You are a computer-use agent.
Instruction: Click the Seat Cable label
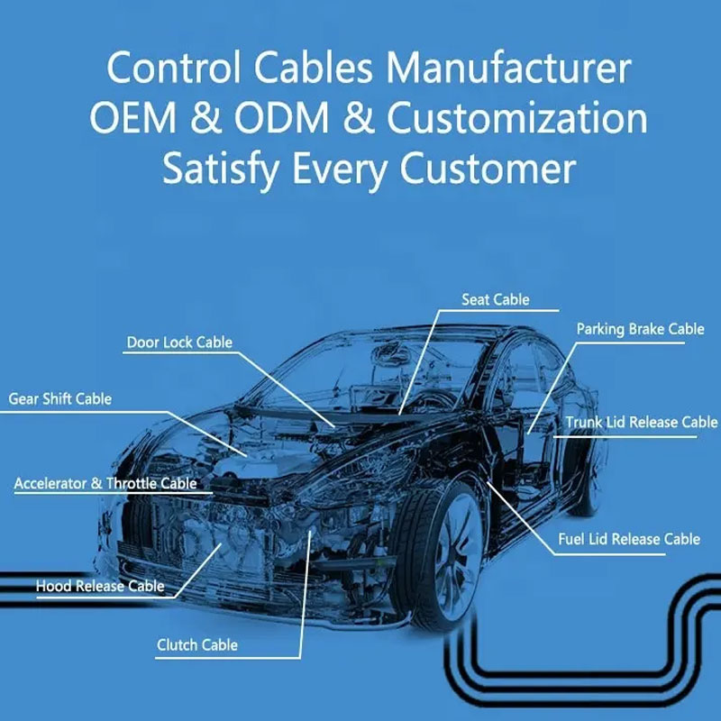tap(495, 300)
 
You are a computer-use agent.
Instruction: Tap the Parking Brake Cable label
tap(640, 329)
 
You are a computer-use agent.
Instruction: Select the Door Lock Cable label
tap(179, 342)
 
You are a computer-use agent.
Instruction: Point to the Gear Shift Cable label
tap(59, 399)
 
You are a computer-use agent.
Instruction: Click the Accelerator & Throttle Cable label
tap(105, 483)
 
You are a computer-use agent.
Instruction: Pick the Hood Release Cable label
tap(100, 586)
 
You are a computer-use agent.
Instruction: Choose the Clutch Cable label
tap(197, 645)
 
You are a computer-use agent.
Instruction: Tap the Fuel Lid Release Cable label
tap(629, 539)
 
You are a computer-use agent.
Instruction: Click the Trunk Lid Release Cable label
tap(642, 422)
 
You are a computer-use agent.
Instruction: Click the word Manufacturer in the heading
tap(508, 68)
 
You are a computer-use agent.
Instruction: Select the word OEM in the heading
tap(132, 118)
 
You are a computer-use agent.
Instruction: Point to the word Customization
tap(517, 118)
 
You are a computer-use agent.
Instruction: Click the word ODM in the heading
tap(281, 118)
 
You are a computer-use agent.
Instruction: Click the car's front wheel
tap(440, 555)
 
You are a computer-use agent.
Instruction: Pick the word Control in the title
tap(174, 68)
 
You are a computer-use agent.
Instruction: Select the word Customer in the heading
tap(488, 169)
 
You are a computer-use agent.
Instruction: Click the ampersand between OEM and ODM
tap(205, 118)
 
